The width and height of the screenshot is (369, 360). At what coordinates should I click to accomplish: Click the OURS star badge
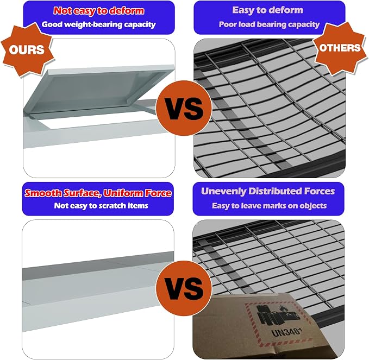(x=27, y=49)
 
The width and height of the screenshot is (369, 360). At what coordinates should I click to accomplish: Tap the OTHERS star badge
(x=340, y=48)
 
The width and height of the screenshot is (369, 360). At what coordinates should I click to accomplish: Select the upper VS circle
(x=184, y=108)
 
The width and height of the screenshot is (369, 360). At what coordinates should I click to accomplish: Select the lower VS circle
(x=184, y=288)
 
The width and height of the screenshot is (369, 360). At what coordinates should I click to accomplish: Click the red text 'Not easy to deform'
(x=99, y=10)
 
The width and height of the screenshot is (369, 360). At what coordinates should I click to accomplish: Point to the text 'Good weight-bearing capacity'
(x=98, y=24)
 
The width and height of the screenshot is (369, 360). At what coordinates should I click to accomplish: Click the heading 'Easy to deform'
(x=267, y=10)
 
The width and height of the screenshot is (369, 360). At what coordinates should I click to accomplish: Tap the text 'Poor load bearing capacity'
(x=269, y=24)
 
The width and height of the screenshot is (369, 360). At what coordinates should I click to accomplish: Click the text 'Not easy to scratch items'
(x=101, y=206)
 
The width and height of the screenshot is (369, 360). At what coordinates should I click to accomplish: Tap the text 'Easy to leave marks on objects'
(x=269, y=206)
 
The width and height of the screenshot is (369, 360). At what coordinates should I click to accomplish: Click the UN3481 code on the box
(x=286, y=332)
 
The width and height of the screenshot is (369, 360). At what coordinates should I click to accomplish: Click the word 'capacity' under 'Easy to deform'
(x=304, y=24)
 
